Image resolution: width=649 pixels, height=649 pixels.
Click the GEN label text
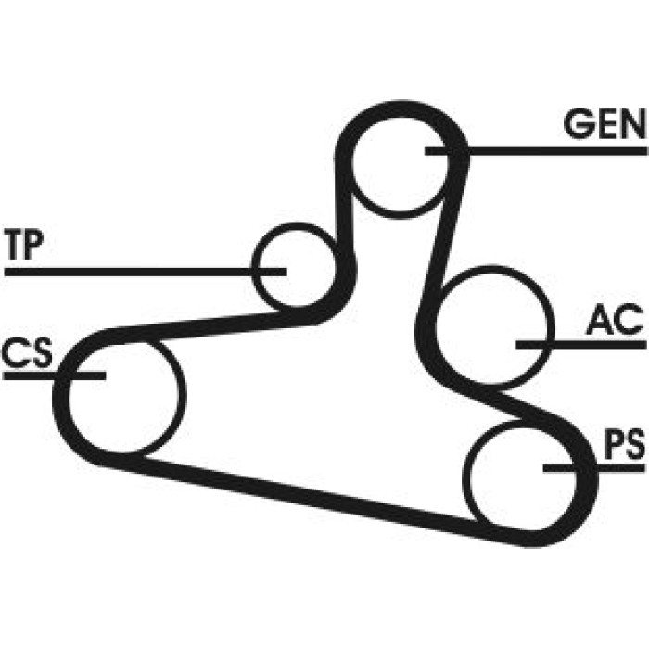(x=604, y=123)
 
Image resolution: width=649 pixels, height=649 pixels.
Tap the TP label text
(x=23, y=245)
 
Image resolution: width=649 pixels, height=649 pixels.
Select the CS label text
(x=27, y=352)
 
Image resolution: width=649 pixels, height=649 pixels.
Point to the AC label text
(x=616, y=320)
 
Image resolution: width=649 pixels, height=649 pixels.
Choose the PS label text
(x=625, y=444)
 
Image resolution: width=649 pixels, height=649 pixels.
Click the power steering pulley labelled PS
(x=464, y=476)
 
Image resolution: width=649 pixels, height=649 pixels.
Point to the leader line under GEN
(x=536, y=151)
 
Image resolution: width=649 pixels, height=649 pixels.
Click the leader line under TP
(x=146, y=272)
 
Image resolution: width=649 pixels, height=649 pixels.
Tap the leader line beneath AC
(x=581, y=344)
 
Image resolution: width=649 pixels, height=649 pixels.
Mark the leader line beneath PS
(x=594, y=467)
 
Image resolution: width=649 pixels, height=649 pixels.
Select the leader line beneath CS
(x=54, y=375)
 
